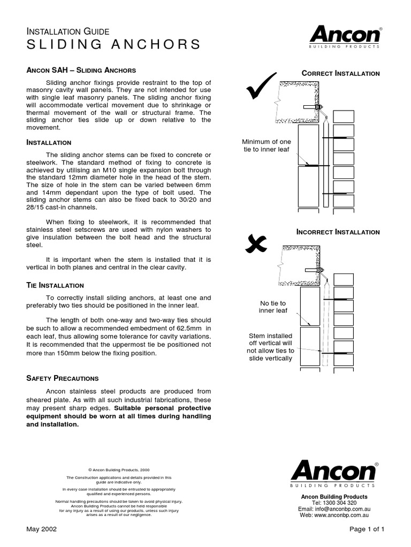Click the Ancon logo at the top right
coord(345,37)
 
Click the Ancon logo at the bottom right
coord(334,473)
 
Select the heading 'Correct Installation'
coord(340,73)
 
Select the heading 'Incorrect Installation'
coord(338,232)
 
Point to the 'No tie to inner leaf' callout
coord(272,307)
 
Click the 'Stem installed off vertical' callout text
coord(270,347)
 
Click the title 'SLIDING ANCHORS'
coord(114,44)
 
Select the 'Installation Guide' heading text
coord(68,32)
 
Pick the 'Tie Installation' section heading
coord(55,285)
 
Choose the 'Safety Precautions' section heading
coord(63,378)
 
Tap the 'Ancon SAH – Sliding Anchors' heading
coord(81,71)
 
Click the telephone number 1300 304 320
coord(341,503)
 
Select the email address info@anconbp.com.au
coord(341,509)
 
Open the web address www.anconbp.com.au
coord(341,515)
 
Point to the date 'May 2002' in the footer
coord(42,529)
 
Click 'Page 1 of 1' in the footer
coord(367,529)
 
